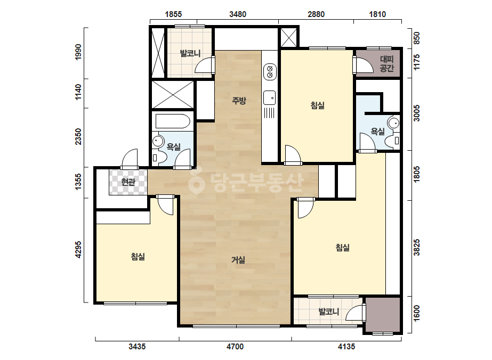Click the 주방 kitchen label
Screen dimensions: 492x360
tap(239, 101)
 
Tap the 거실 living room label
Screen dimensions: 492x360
tap(238, 260)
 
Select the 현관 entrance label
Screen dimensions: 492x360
tap(128, 182)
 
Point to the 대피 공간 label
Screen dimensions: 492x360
tap(386, 64)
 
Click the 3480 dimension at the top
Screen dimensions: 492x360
tap(238, 14)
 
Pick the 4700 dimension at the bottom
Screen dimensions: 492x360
tap(235, 347)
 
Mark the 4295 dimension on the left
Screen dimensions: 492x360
tap(78, 250)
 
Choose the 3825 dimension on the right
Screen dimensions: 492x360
tap(416, 248)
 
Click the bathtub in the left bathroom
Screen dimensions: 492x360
tap(173, 121)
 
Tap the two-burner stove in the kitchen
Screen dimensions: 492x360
tap(270, 71)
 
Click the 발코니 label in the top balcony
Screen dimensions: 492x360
tap(190, 53)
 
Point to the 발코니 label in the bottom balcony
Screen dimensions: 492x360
tap(329, 312)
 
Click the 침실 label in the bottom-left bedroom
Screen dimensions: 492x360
tap(138, 257)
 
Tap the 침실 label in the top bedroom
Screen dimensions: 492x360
tap(318, 105)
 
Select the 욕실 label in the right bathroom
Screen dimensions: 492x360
tap(378, 132)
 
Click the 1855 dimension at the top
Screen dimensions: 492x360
tap(173, 14)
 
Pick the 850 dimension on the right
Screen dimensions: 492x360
tap(416, 38)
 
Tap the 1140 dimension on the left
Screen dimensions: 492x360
tap(78, 92)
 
